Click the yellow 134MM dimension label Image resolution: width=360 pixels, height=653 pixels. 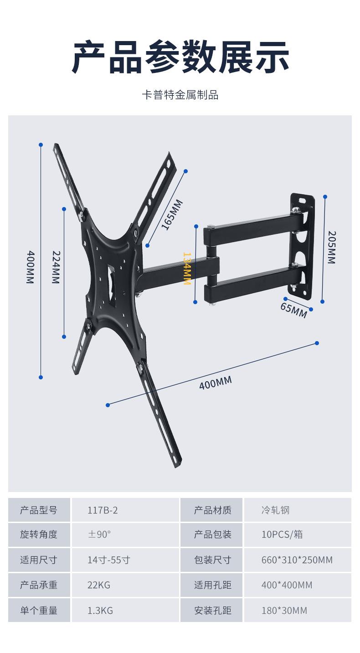point(187,268)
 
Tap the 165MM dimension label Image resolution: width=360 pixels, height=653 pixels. point(172,215)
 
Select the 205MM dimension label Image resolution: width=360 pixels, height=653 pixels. point(332,247)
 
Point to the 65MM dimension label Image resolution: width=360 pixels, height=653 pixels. point(293,310)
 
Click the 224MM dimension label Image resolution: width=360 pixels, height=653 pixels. point(56,267)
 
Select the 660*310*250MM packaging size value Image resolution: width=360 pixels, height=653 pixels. point(297,560)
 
